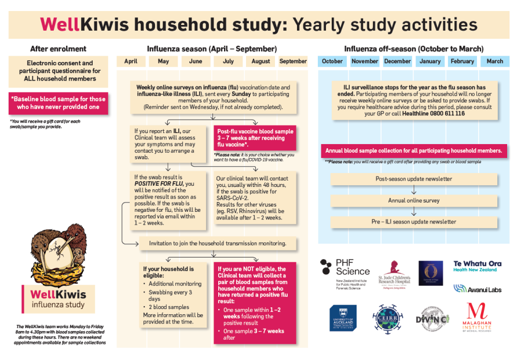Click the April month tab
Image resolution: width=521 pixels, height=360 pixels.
click(131, 61)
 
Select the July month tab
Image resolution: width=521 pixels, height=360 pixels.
click(228, 61)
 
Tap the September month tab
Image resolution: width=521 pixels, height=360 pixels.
click(293, 61)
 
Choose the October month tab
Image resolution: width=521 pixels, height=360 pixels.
click(332, 61)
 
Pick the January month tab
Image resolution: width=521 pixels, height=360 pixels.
click(430, 61)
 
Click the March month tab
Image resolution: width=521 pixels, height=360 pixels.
click(495, 61)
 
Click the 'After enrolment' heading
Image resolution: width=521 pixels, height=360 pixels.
click(58, 49)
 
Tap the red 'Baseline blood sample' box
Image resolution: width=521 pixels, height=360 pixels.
click(58, 102)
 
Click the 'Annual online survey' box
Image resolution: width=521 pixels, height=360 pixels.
click(413, 201)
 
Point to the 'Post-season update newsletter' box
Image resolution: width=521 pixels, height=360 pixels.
click(413, 179)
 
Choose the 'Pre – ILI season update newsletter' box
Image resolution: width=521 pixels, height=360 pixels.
click(413, 222)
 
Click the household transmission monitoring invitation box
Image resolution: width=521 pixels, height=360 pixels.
click(218, 243)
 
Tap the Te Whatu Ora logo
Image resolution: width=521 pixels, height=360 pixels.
click(477, 266)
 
